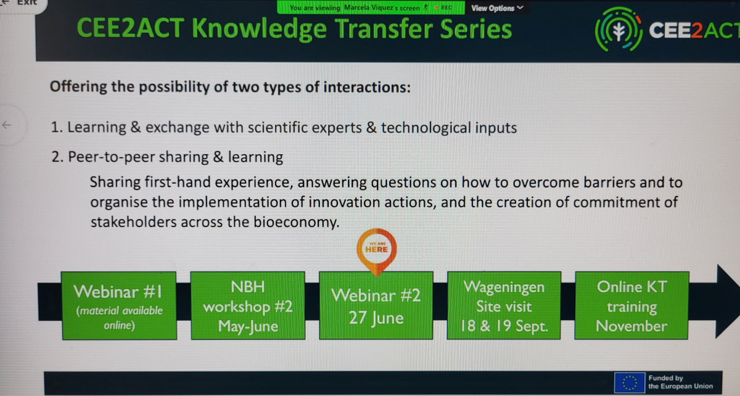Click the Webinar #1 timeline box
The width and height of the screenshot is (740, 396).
[119, 306]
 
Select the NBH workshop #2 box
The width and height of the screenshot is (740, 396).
[248, 306]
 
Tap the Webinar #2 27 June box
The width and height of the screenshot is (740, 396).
[376, 306]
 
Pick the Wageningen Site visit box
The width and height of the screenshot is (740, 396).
[504, 306]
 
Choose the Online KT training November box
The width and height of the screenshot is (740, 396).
[631, 306]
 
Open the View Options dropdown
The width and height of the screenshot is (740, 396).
[497, 8]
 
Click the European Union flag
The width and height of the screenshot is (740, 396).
[630, 383]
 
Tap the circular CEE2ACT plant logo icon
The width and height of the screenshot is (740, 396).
[619, 30]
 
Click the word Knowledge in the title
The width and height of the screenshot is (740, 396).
[260, 29]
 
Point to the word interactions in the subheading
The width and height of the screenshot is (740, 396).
[367, 87]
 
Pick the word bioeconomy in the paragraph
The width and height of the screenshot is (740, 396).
[297, 222]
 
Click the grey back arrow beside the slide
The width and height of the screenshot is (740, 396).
[7, 125]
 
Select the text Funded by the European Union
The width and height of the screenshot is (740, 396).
[681, 382]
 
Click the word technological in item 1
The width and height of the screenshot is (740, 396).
[426, 128]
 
